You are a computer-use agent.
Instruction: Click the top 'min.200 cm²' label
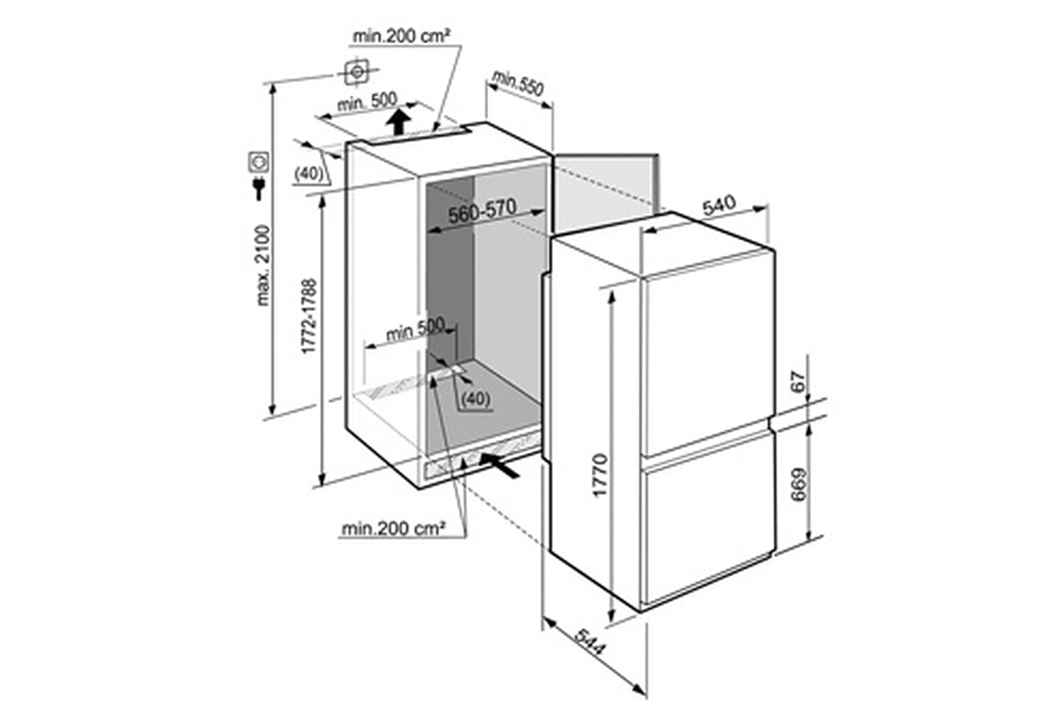(x=401, y=37)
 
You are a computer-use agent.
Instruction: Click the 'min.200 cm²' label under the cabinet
(x=393, y=528)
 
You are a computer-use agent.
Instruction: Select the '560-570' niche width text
(x=482, y=212)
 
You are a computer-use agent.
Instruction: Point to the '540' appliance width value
(x=719, y=206)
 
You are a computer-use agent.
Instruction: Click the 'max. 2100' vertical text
(x=263, y=266)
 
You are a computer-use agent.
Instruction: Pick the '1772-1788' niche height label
(x=309, y=316)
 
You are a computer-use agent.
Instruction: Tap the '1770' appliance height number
(x=600, y=475)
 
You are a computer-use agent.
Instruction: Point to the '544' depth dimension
(x=591, y=643)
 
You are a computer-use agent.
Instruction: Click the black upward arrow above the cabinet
(x=398, y=122)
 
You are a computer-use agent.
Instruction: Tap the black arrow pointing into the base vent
(x=499, y=466)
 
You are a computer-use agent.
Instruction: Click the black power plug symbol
(x=259, y=187)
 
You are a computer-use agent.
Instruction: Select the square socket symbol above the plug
(x=259, y=162)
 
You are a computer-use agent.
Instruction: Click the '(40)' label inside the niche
(x=475, y=399)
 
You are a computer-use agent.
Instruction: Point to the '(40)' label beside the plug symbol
(x=309, y=175)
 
